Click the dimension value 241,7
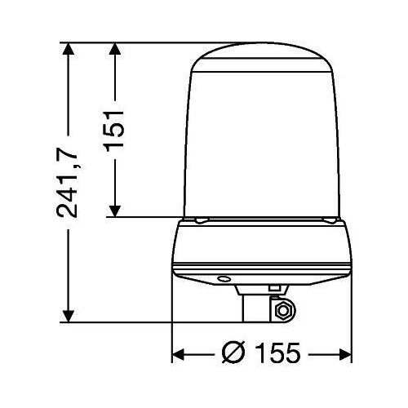point(72,184)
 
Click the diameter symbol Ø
point(233,354)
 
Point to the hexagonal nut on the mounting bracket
point(284,310)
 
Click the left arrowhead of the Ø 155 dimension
point(178,355)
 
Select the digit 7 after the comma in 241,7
point(72,149)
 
